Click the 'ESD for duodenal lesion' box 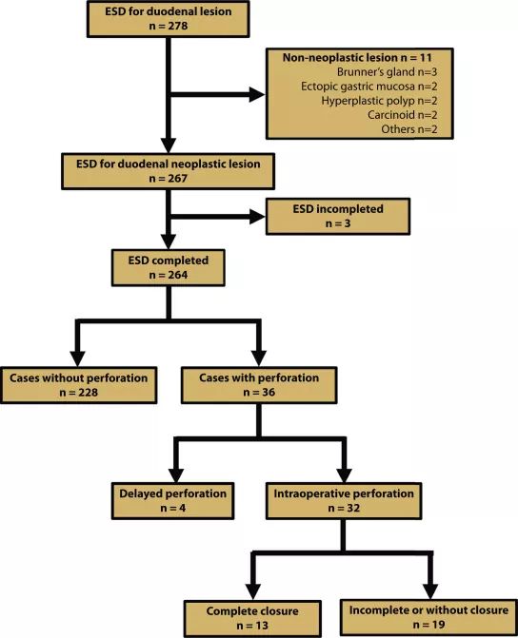pos(168,19)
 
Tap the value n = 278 pos(169,26)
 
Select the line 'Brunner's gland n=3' pos(387,72)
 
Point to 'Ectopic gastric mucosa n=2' pos(369,87)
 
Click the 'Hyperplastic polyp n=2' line pos(379,101)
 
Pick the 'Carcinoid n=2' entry pos(402,115)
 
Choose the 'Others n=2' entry pos(409,129)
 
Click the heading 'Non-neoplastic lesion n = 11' pos(357,57)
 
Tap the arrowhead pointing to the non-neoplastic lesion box pos(257,95)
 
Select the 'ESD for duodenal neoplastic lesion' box pos(168,171)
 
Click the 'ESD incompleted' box pos(338,217)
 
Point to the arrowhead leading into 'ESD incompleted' pos(257,217)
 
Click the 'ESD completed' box pos(168,268)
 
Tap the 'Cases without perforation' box pos(79,385)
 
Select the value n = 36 pos(259,393)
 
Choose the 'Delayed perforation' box pos(172,501)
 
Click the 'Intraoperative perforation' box pos(344,501)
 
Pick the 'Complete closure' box pos(252,618)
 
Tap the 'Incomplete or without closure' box pos(428,618)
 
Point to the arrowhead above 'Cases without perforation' pos(77,358)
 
